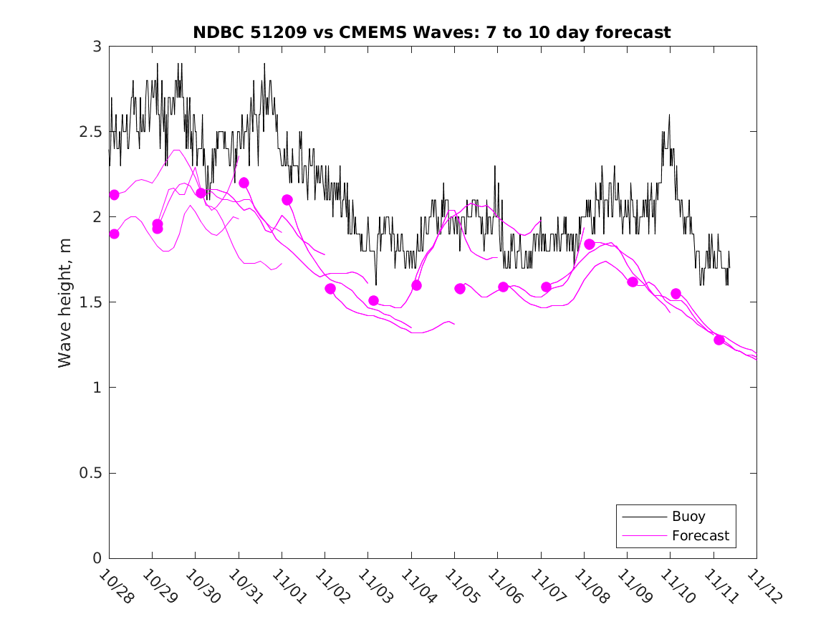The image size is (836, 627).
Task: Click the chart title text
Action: pyautogui.click(x=431, y=32)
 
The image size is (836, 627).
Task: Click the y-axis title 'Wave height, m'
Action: pyautogui.click(x=65, y=302)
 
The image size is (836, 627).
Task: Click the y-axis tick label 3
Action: pyautogui.click(x=97, y=47)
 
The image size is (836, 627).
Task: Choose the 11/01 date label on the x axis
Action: pyautogui.click(x=289, y=586)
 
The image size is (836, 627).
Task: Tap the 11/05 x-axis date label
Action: pyautogui.click(x=461, y=586)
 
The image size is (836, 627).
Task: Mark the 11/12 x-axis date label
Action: pyautogui.click(x=764, y=586)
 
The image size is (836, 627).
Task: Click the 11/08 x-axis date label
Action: pyautogui.click(x=591, y=586)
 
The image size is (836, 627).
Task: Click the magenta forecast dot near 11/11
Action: pyautogui.click(x=719, y=340)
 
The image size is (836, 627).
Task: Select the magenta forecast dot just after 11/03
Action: pyautogui.click(x=373, y=300)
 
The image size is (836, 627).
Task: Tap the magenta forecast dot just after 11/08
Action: pyautogui.click(x=590, y=244)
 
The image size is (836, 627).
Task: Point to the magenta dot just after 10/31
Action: pyautogui.click(x=244, y=183)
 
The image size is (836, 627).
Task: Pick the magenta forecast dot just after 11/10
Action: pyautogui.click(x=676, y=294)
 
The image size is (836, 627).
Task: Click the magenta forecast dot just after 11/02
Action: pyautogui.click(x=330, y=289)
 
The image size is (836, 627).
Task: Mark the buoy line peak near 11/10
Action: pyautogui.click(x=669, y=115)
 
